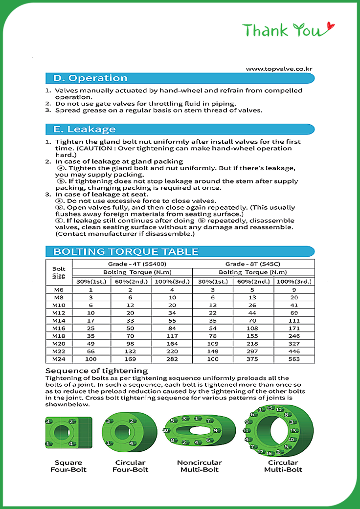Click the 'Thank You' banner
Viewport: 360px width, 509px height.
coord(288,30)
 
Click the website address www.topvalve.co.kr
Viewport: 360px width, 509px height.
coord(279,69)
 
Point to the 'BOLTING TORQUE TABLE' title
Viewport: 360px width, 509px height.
coord(126,252)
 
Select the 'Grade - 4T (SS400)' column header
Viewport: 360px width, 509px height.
coord(132,264)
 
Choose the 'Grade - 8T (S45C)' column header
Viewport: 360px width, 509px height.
coord(253,264)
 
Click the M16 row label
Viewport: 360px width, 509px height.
coord(58,328)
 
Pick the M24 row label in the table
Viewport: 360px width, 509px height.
coord(58,359)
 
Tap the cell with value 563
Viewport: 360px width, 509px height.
coord(294,359)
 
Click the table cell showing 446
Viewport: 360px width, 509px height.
coord(294,352)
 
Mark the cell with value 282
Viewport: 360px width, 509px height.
coord(172,359)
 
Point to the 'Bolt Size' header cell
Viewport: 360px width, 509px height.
coord(59,273)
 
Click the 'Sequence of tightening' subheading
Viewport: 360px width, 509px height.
coord(96,371)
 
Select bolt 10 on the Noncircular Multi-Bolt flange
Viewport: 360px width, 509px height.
coord(165,430)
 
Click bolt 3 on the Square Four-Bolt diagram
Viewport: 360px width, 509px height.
coord(48,421)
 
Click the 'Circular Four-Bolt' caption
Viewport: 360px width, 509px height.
coord(130,466)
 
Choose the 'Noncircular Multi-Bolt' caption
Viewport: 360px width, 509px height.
coord(200,466)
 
